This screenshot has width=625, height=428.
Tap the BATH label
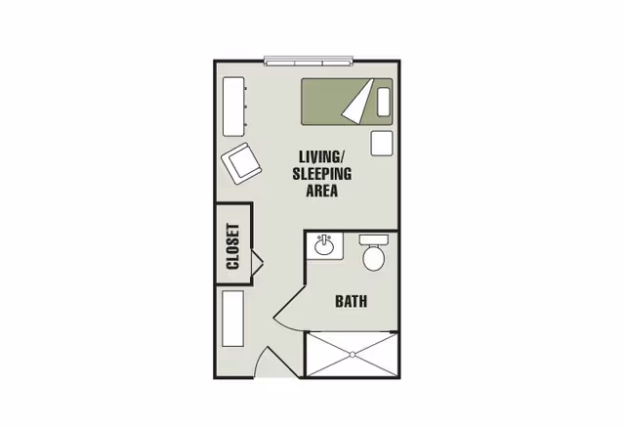click(x=351, y=301)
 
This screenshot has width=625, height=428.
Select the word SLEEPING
click(x=321, y=174)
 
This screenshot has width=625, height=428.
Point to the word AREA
click(x=321, y=192)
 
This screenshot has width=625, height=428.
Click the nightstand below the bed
click(x=381, y=143)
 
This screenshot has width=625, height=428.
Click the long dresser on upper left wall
click(x=234, y=106)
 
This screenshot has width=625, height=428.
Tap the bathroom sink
click(x=325, y=245)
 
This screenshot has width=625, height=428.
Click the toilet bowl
click(x=374, y=259)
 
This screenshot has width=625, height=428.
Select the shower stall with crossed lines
click(x=352, y=355)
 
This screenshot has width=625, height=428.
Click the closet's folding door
click(x=258, y=262)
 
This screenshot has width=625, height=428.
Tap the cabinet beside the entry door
click(x=232, y=319)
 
